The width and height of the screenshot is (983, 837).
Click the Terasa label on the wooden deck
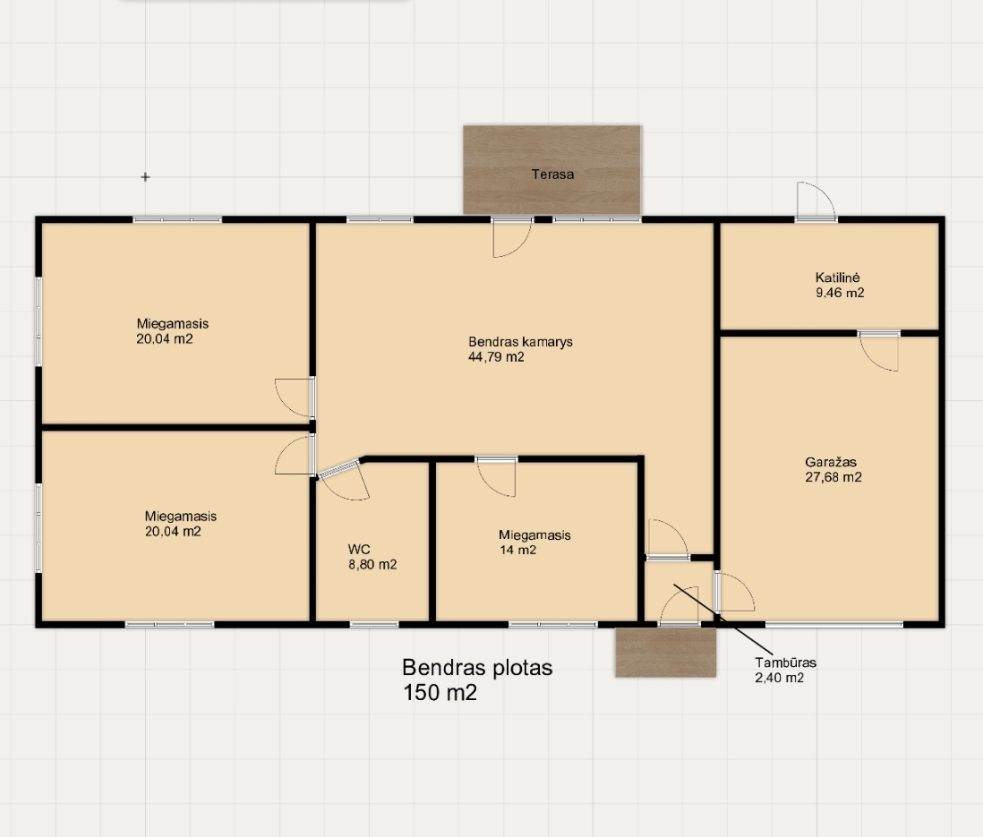pos(552,175)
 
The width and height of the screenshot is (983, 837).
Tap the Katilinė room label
pos(838,278)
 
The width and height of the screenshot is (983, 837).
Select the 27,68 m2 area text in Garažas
pos(833,477)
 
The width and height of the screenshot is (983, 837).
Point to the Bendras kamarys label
pos(520,342)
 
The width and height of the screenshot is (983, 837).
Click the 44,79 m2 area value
pos(496,357)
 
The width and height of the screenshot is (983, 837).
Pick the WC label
pos(359,550)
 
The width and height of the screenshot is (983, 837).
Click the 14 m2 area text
pos(517,550)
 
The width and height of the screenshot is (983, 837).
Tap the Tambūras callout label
pos(785,662)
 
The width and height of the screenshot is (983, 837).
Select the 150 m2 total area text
pos(440,692)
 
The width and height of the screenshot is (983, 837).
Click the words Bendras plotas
pos(477,668)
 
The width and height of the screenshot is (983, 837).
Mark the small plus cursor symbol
pos(145,177)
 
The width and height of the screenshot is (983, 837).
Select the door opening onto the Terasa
pos(512,237)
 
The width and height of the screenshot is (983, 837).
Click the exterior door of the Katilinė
pos(816,201)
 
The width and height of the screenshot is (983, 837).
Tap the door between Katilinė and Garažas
pos(878,351)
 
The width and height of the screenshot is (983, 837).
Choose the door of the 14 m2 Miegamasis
pos(496,477)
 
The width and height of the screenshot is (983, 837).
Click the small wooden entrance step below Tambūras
pos(666,652)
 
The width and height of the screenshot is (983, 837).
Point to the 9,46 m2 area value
pos(840,293)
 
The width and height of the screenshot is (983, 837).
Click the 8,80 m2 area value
pos(372,565)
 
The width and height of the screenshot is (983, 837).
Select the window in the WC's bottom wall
pos(373,625)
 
